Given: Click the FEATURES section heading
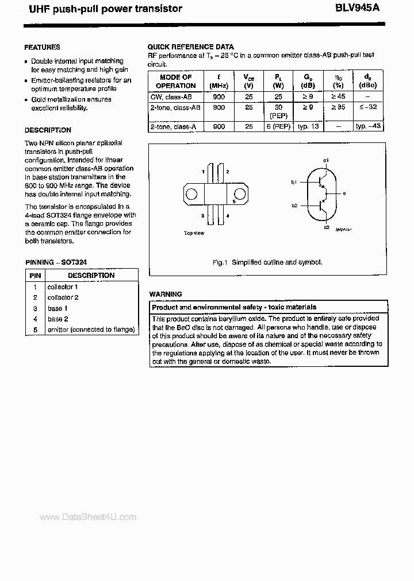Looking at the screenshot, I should (x=42, y=47).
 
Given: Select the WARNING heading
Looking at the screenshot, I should (x=165, y=294).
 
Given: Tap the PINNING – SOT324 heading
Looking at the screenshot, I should (x=56, y=262).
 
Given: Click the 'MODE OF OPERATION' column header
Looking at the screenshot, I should (x=175, y=82).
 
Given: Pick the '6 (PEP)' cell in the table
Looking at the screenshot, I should (x=278, y=126).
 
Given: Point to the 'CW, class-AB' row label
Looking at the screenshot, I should (x=171, y=97).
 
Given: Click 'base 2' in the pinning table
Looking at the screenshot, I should (x=57, y=319).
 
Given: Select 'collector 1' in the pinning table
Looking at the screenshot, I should (x=63, y=286).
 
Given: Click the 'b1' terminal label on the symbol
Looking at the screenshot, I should (x=294, y=182).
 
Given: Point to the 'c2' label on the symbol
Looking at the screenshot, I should (x=325, y=227).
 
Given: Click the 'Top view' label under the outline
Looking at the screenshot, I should (x=194, y=233).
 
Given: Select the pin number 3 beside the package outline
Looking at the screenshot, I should (x=203, y=215).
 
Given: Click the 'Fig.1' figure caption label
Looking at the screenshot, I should (x=221, y=262).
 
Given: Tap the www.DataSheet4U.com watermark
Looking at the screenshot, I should (x=87, y=517).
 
